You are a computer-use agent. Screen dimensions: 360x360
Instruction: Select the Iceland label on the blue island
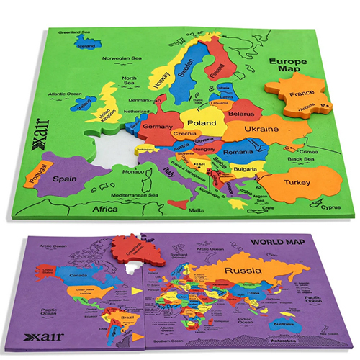(86, 45)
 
